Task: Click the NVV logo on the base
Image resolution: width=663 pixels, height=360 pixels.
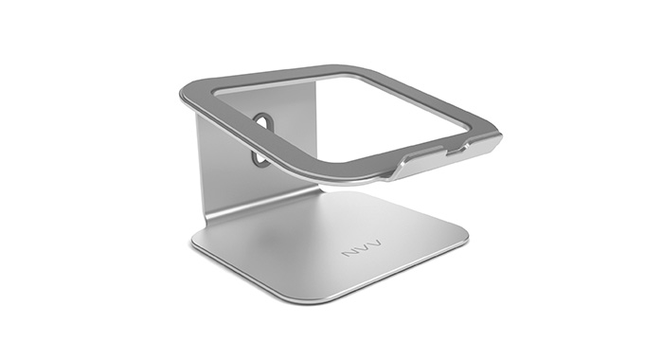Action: (x=361, y=249)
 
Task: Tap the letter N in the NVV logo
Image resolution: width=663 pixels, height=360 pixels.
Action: (x=349, y=252)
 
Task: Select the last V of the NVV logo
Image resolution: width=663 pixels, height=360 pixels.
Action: (x=374, y=244)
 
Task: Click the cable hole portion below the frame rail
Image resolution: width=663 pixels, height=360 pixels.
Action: (x=260, y=158)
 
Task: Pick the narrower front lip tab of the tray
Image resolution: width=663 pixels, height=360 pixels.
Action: (x=481, y=145)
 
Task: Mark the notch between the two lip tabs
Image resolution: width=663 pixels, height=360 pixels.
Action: (x=456, y=150)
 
